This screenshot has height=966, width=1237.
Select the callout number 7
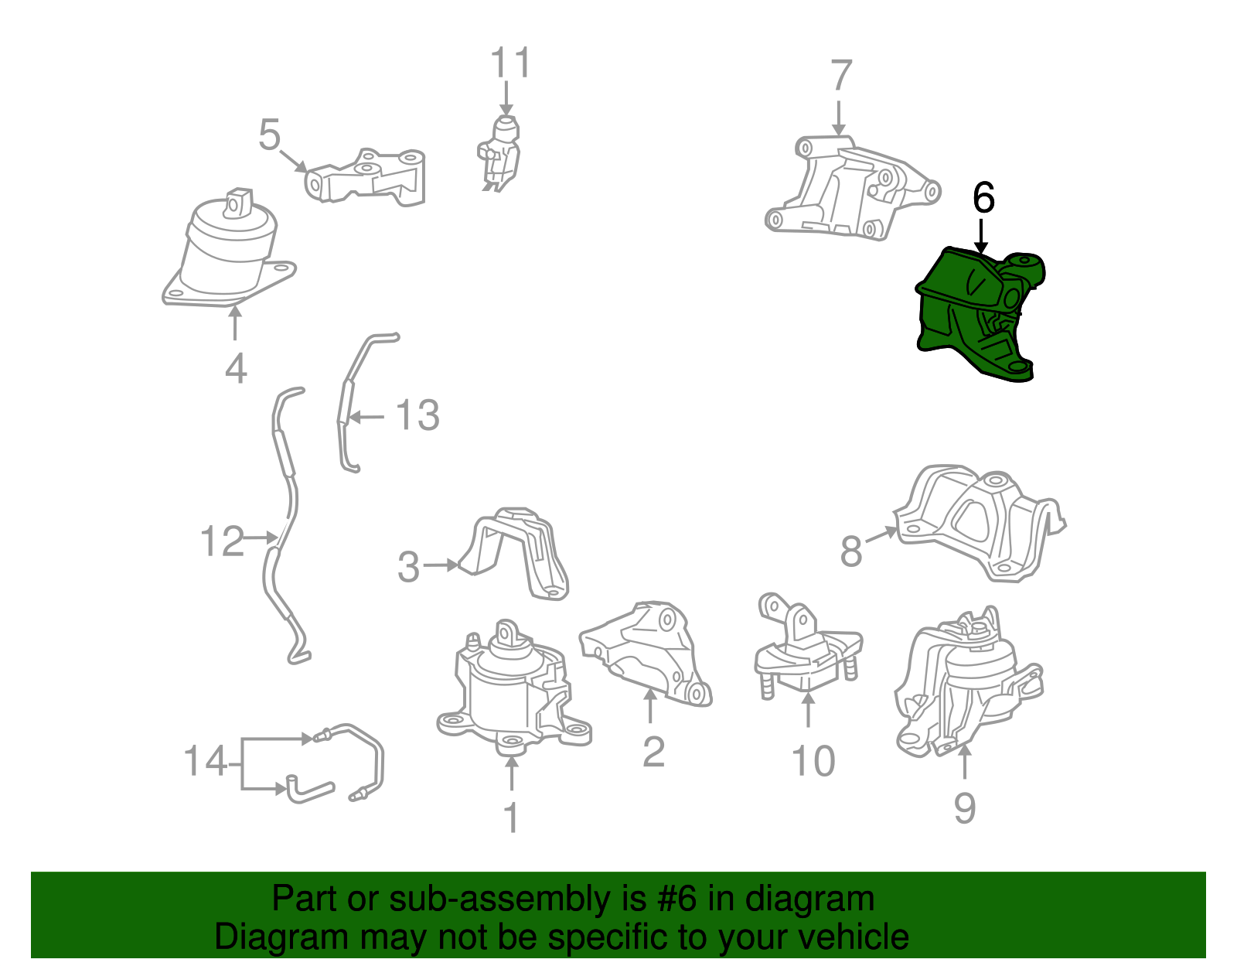841,74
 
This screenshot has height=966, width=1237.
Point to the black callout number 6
983,197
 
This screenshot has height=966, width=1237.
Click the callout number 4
236,368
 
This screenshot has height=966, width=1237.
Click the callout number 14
206,760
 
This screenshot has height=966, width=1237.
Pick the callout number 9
965,807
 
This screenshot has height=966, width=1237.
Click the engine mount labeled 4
229,248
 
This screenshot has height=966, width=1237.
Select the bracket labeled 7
852,188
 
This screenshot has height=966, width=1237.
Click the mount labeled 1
513,688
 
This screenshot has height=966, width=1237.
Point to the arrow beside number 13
366,417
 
